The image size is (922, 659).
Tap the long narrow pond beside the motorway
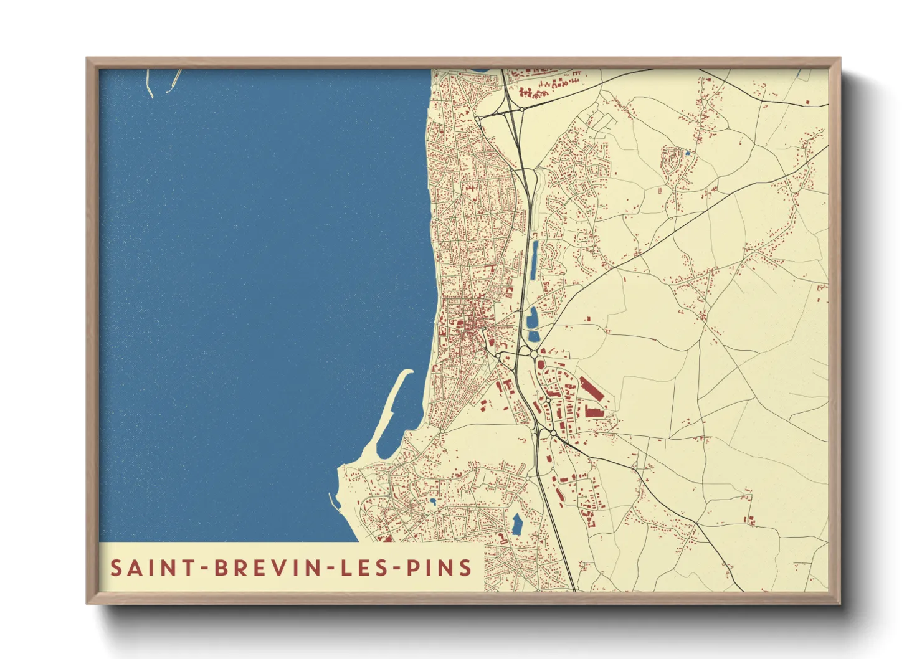[535, 262]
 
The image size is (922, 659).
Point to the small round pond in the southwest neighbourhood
[432, 500]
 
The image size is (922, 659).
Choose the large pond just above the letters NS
[516, 524]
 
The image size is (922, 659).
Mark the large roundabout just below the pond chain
[534, 354]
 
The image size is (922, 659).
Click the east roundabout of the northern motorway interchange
[521, 109]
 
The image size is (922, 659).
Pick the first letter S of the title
[115, 568]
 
